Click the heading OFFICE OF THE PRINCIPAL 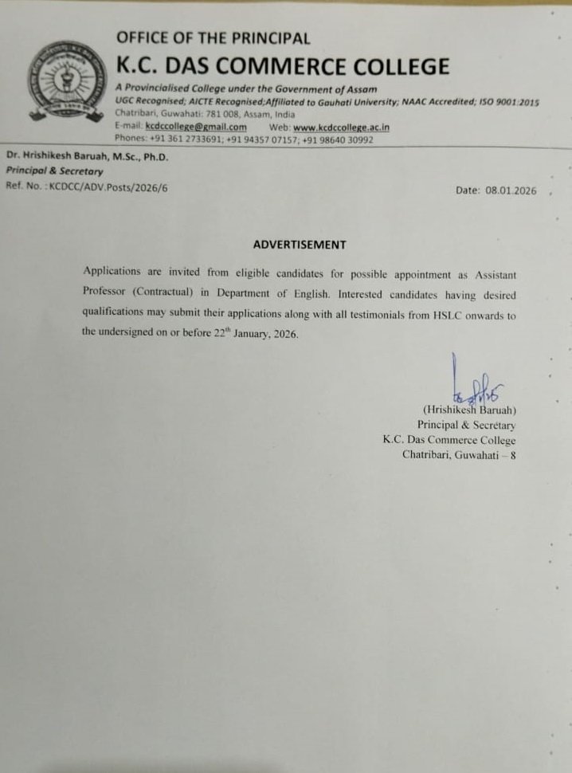pyautogui.click(x=213, y=37)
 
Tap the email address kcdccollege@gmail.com pyautogui.click(x=196, y=127)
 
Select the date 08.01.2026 pyautogui.click(x=511, y=191)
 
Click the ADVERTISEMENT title pyautogui.click(x=300, y=245)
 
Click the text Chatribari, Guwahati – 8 pyautogui.click(x=459, y=455)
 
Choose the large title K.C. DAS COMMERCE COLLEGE pyautogui.click(x=283, y=65)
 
